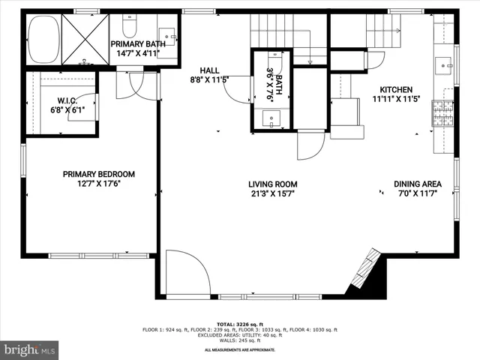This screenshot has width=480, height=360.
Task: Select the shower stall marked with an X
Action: [x=83, y=38]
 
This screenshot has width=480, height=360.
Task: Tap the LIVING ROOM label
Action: [x=273, y=184]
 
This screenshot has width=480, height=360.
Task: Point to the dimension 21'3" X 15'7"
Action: [x=273, y=193]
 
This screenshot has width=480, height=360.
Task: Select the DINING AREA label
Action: [x=418, y=184]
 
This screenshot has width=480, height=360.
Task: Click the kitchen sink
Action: [x=445, y=64]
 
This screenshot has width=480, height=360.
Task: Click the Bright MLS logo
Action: [x=30, y=349]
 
